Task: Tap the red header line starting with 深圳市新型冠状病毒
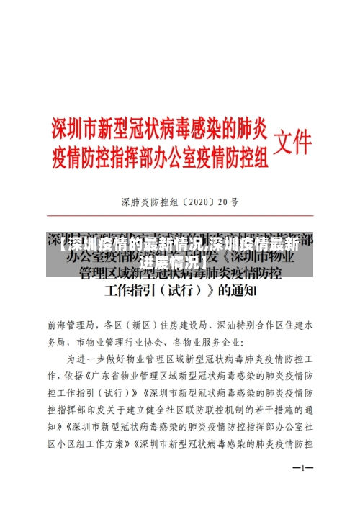point(159,130)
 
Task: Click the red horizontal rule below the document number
point(180,218)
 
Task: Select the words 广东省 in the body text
point(104,375)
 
